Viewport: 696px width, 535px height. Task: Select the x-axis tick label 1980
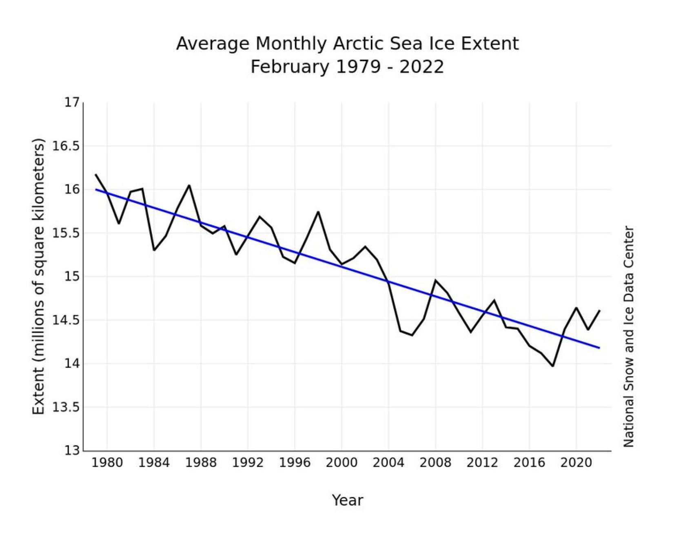click(107, 463)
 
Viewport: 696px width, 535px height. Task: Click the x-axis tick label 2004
click(388, 463)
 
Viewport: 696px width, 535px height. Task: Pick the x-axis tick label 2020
click(576, 463)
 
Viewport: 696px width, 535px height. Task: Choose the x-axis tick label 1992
click(248, 463)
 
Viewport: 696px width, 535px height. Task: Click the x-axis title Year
click(347, 500)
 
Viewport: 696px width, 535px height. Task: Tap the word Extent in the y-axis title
click(38, 391)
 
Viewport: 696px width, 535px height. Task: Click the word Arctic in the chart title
click(359, 44)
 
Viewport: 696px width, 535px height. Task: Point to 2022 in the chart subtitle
click(421, 67)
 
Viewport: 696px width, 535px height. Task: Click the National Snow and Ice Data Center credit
click(629, 337)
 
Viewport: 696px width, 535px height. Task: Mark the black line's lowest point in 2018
click(553, 366)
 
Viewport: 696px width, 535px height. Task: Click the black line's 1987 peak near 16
click(189, 185)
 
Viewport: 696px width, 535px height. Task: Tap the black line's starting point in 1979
click(96, 175)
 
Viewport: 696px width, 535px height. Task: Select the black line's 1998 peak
click(318, 212)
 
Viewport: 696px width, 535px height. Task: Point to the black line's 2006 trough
click(412, 335)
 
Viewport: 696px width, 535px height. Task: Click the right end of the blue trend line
click(599, 348)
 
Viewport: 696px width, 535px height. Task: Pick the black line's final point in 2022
click(599, 311)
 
